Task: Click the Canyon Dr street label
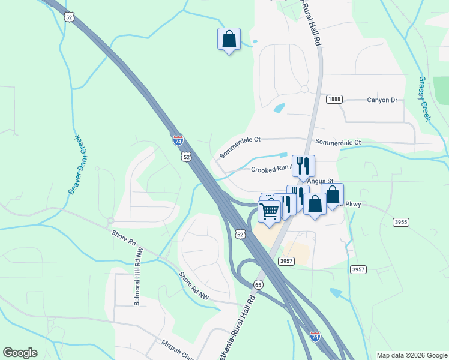pos(382,100)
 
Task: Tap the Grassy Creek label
pos(425,99)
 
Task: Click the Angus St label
pos(320,181)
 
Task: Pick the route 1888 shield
pos(334,99)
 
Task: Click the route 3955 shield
pos(401,222)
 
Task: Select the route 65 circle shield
pos(258,284)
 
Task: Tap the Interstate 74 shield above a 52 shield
pos(178,140)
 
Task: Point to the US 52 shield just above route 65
pos(240,233)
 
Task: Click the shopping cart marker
pos(270,211)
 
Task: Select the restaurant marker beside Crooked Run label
pos(303,165)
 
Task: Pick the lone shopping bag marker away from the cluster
pos(229,39)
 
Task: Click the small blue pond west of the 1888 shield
pos(279,109)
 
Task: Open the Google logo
pos(20,353)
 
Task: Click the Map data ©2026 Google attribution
pos(411,355)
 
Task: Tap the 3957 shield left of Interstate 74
pos(286,260)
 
